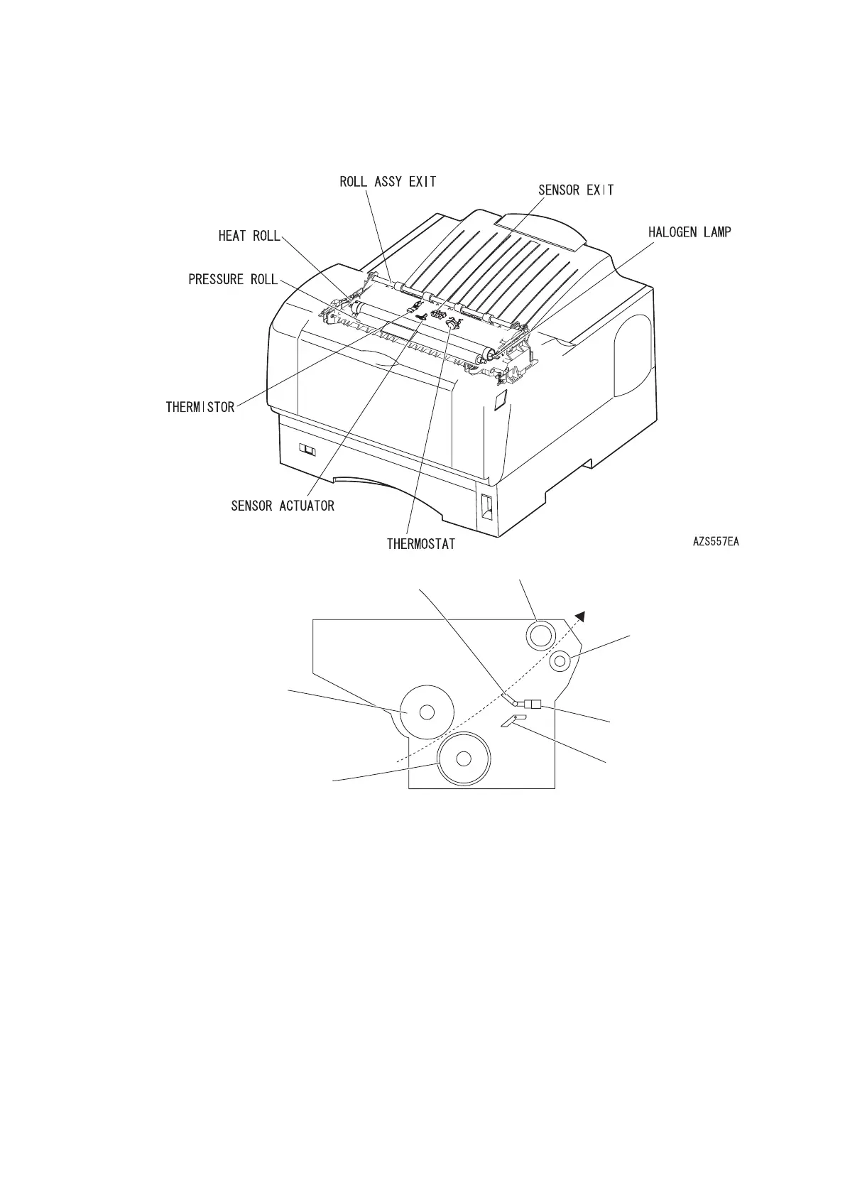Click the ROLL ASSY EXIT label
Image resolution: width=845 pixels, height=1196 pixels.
(388, 182)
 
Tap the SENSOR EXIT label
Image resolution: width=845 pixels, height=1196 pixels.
(576, 190)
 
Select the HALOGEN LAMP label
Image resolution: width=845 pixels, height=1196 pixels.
(689, 232)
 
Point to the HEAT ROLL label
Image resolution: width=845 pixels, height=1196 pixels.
(249, 236)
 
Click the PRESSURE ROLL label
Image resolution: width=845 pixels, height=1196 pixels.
(234, 279)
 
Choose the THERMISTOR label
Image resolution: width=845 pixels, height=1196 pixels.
(200, 408)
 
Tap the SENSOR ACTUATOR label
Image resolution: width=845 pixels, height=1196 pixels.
(283, 506)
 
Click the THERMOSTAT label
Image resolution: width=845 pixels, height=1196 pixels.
(421, 544)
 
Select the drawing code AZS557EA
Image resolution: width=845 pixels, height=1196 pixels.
(716, 541)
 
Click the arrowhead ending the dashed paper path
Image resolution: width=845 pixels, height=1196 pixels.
(582, 616)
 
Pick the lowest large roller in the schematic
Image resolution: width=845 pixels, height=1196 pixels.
(464, 759)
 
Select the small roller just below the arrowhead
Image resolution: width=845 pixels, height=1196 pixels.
(560, 662)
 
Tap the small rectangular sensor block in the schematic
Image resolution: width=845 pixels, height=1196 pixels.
(533, 705)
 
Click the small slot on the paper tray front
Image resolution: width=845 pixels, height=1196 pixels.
(307, 450)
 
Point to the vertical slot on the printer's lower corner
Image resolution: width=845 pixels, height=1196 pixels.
(486, 506)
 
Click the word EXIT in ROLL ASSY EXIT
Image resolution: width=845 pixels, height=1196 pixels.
(422, 182)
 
